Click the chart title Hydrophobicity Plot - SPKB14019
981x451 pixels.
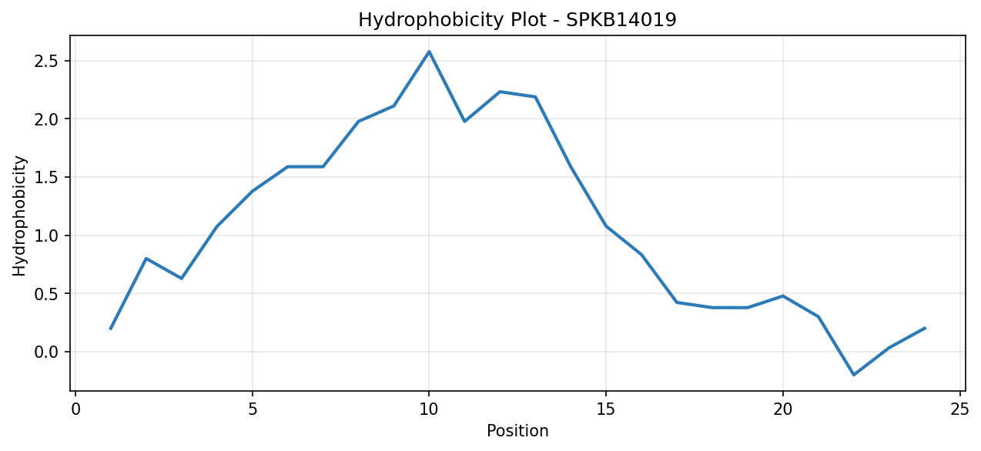pos(517,20)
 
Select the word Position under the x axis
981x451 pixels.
pos(517,431)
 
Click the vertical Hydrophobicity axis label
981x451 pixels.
pos(19,215)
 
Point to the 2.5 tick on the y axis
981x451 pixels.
pos(46,61)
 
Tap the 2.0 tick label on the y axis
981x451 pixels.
pos(46,119)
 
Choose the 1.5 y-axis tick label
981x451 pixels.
pos(46,177)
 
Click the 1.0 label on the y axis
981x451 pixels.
pos(46,236)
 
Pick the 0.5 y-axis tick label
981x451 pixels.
pos(46,294)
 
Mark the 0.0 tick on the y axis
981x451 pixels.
pos(46,352)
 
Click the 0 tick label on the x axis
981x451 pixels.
pos(75,409)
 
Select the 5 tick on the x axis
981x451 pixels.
pos(253,409)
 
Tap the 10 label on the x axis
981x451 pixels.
pos(429,409)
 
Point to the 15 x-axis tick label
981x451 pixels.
pos(606,409)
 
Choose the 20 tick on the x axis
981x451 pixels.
pos(783,409)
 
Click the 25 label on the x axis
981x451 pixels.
pos(960,409)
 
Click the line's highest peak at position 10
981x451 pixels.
pos(429,52)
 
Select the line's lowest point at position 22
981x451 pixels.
pos(853,375)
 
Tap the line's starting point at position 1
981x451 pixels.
pos(111,329)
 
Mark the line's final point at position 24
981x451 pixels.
pos(925,328)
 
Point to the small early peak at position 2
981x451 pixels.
pos(146,259)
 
